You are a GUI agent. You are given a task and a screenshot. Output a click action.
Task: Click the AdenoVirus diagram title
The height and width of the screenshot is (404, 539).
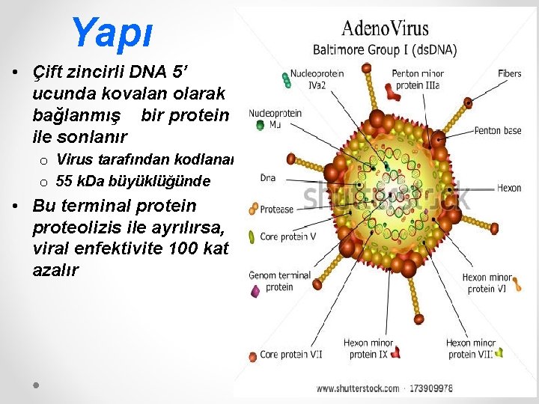(x=385, y=29)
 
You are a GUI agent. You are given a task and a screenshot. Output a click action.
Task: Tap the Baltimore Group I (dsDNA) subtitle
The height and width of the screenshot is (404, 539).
(x=385, y=50)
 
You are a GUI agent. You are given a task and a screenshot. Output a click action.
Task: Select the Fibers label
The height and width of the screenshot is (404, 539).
(x=509, y=73)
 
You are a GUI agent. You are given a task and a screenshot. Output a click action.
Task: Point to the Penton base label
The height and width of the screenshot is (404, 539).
(x=497, y=131)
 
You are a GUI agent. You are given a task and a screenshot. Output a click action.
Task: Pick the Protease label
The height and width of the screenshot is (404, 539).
(x=276, y=209)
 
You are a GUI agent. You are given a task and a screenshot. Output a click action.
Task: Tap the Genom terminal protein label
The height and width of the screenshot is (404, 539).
(x=279, y=281)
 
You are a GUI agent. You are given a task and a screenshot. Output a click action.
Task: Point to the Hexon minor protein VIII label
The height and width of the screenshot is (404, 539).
(x=470, y=349)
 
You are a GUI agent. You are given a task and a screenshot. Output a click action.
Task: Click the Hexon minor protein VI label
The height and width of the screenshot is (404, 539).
(x=487, y=283)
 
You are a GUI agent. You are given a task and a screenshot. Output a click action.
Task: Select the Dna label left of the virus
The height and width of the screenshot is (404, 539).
(x=267, y=178)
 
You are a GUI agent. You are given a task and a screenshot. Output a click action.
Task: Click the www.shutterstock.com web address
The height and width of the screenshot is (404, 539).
(x=357, y=388)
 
